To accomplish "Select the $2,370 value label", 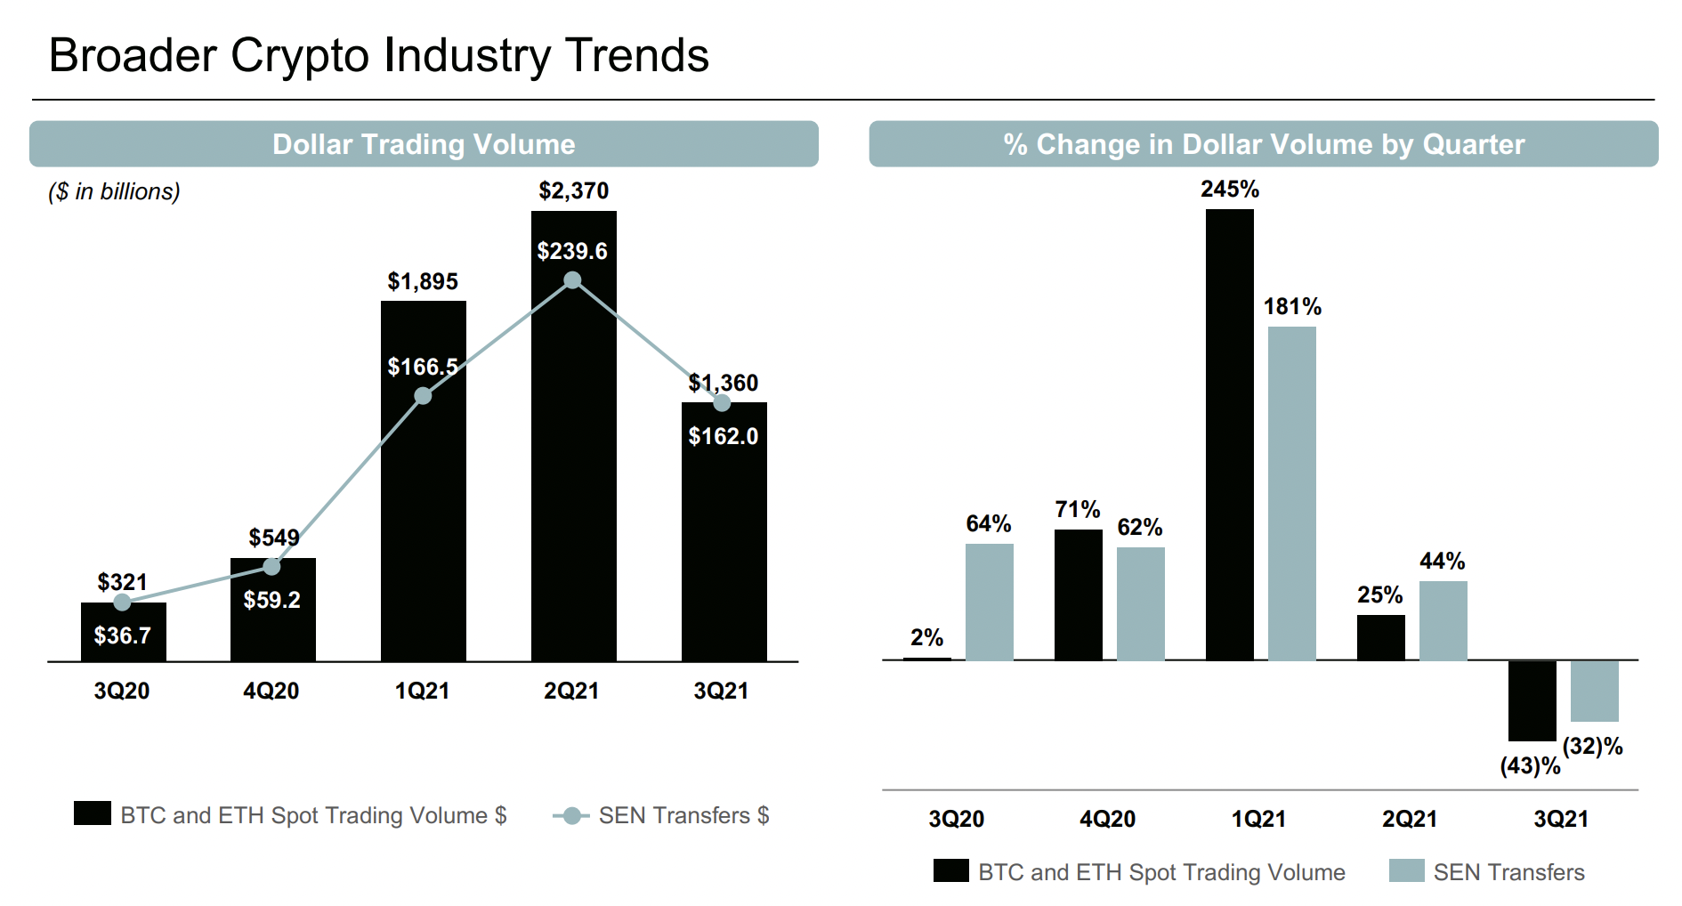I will pyautogui.click(x=573, y=191).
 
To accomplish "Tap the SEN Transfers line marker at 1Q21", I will pyautogui.click(x=423, y=396).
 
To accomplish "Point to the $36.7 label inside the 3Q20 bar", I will pyautogui.click(x=122, y=635).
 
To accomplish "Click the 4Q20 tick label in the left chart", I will pyautogui.click(x=271, y=691).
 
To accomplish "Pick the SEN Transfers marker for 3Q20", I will pyautogui.click(x=122, y=603).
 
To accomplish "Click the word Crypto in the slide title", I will pyautogui.click(x=300, y=55).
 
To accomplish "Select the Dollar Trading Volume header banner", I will pyautogui.click(x=424, y=144).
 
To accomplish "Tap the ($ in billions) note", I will pyautogui.click(x=114, y=191).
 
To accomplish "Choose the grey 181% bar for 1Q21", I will pyautogui.click(x=1291, y=494).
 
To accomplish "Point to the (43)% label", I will pyautogui.click(x=1530, y=765).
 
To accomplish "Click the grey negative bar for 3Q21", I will pyautogui.click(x=1594, y=691).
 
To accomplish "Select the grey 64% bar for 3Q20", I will pyautogui.click(x=989, y=602).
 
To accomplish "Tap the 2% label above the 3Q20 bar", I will pyautogui.click(x=926, y=637).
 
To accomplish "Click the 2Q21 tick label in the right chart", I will pyautogui.click(x=1409, y=819).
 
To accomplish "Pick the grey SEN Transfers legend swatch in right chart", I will pyautogui.click(x=1406, y=870).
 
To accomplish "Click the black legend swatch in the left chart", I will pyautogui.click(x=93, y=813).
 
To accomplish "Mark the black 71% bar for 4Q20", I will pyautogui.click(x=1078, y=595).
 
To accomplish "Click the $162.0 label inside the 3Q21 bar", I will pyautogui.click(x=723, y=436).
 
